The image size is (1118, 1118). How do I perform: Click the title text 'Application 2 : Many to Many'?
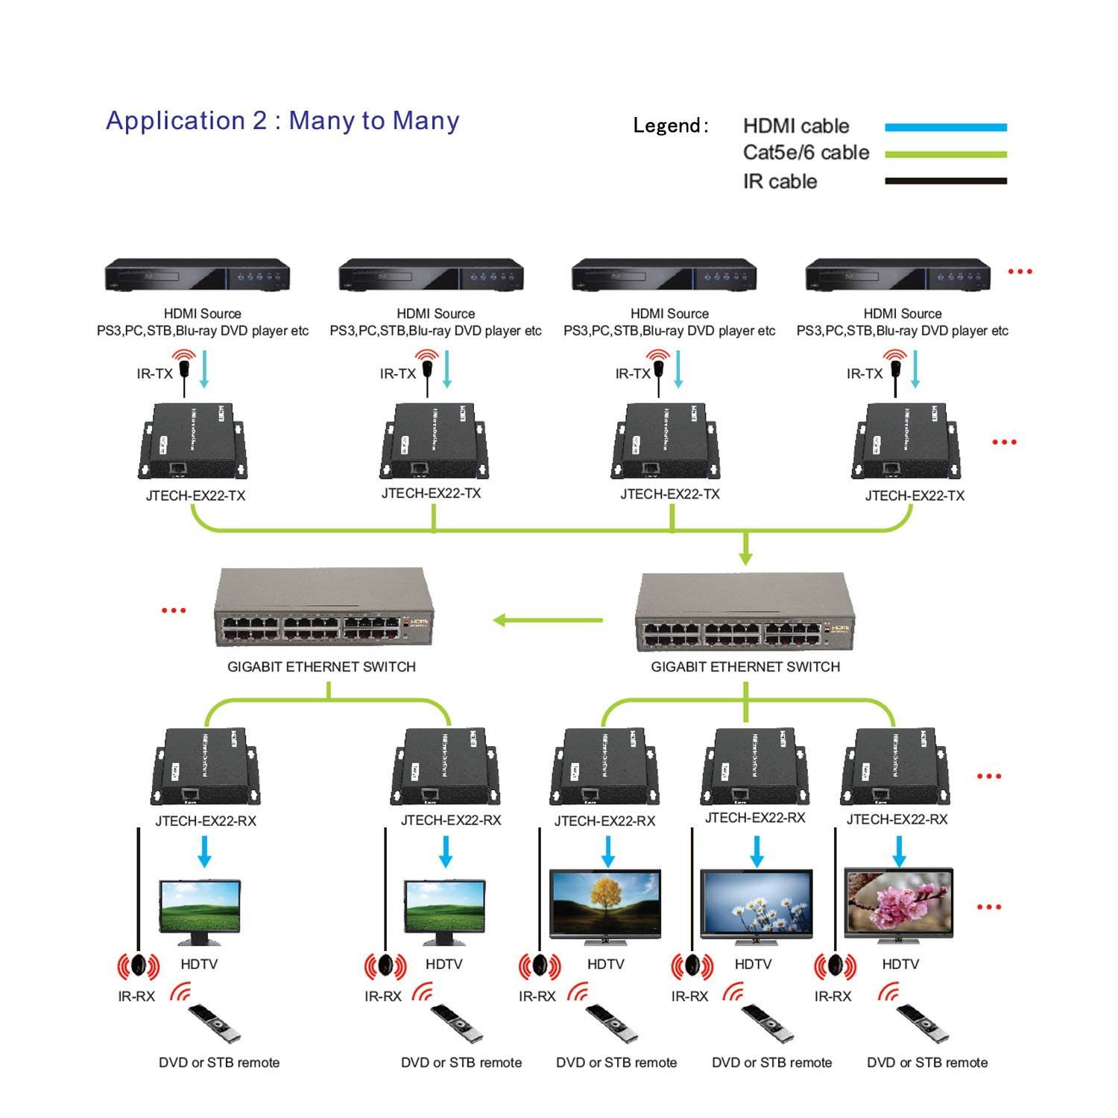pyautogui.click(x=282, y=121)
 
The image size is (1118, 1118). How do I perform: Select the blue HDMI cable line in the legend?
pyautogui.click(x=945, y=127)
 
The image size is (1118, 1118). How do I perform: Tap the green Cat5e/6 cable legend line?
pyautogui.click(x=945, y=154)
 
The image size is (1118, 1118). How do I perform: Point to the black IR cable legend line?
pyautogui.click(x=945, y=181)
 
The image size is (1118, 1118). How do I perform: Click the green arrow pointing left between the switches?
pyautogui.click(x=548, y=619)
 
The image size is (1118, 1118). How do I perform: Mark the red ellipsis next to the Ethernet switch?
pyautogui.click(x=174, y=610)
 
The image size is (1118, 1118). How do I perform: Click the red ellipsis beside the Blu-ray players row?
pyautogui.click(x=1020, y=271)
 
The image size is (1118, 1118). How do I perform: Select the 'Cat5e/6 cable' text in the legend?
pyautogui.click(x=806, y=153)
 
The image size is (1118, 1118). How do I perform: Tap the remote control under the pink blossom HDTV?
pyautogui.click(x=922, y=1023)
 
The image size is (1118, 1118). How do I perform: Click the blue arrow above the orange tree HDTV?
pyautogui.click(x=608, y=851)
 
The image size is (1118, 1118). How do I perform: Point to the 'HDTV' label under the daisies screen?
pyautogui.click(x=753, y=964)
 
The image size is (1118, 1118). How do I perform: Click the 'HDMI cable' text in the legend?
pyautogui.click(x=796, y=126)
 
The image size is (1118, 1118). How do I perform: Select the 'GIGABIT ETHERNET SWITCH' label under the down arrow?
pyautogui.click(x=745, y=667)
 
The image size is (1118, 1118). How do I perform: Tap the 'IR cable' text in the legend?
pyautogui.click(x=780, y=181)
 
